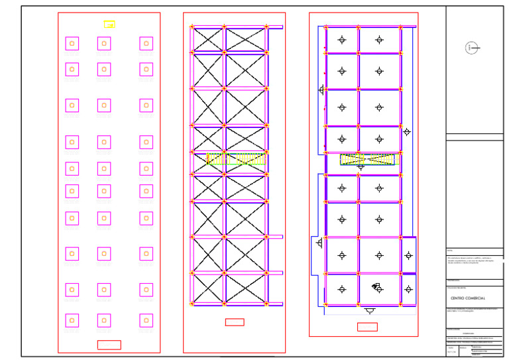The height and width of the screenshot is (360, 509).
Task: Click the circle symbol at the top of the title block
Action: (x=471, y=48)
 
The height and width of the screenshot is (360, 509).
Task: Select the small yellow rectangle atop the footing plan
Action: (x=109, y=25)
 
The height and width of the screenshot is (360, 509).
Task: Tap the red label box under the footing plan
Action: (x=109, y=345)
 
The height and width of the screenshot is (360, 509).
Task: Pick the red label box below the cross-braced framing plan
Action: (x=235, y=322)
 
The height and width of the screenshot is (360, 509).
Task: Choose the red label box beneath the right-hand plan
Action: (x=367, y=327)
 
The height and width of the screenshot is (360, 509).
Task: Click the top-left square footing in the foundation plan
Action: (x=72, y=44)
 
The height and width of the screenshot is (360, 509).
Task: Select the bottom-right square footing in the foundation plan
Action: (x=146, y=321)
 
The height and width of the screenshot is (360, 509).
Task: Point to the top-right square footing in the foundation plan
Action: (x=146, y=44)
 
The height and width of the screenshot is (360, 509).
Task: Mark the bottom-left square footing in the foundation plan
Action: (x=72, y=321)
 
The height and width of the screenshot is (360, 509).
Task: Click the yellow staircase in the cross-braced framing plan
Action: (x=236, y=159)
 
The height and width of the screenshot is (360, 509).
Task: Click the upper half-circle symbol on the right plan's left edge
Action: (x=321, y=90)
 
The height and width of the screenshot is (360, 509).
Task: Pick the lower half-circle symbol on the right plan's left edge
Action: (x=319, y=243)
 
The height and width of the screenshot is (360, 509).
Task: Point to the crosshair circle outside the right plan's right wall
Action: (x=407, y=132)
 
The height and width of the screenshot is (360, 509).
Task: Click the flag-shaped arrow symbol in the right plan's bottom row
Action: (x=376, y=286)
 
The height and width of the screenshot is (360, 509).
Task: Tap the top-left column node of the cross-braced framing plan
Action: (x=192, y=27)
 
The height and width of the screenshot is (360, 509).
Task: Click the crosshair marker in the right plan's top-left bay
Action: (x=342, y=40)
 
